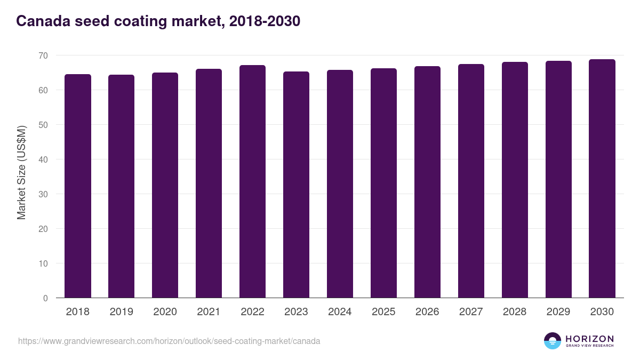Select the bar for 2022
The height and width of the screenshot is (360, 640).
point(252,181)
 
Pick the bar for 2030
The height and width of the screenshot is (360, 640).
point(602,178)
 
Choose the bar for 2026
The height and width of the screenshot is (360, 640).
point(427,182)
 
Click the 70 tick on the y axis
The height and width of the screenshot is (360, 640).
point(43,55)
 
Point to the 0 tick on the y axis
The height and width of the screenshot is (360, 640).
point(45,298)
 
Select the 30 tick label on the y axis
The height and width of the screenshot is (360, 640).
point(43,194)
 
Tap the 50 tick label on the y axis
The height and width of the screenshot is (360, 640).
point(43,125)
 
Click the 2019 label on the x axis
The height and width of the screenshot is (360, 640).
point(121,312)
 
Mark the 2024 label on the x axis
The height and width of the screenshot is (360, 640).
point(340,312)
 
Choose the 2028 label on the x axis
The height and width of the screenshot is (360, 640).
point(515,312)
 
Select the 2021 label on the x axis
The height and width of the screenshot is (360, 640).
point(209,312)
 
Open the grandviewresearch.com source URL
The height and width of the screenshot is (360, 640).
point(169,341)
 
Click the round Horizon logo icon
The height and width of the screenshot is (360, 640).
point(553,341)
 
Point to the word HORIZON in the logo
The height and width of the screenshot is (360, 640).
point(589,339)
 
